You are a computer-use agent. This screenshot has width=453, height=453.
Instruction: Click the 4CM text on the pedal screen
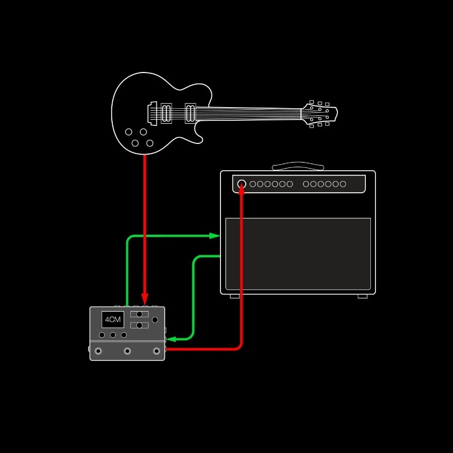click(x=113, y=319)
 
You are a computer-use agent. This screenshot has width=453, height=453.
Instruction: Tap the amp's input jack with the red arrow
click(x=242, y=184)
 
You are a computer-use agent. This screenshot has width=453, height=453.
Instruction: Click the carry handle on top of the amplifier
click(x=298, y=166)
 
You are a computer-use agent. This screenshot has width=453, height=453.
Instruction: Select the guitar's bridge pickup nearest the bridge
click(x=167, y=113)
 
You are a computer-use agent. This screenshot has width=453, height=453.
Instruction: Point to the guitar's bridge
click(x=152, y=113)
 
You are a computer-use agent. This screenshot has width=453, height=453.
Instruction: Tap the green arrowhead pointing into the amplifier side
click(x=215, y=236)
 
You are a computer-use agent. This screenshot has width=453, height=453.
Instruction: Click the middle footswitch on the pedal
click(x=127, y=351)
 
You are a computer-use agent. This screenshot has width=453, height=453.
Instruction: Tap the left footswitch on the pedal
click(x=99, y=351)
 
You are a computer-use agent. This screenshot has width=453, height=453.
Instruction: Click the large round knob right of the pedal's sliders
click(x=155, y=320)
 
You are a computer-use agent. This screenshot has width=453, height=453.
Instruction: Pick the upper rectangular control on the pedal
click(x=139, y=314)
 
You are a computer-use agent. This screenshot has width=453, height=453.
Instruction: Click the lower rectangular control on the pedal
click(x=139, y=325)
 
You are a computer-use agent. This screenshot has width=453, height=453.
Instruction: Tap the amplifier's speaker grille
click(x=298, y=254)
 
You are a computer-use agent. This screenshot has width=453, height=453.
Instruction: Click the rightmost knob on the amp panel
click(x=343, y=184)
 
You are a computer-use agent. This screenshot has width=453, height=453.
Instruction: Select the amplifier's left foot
click(x=235, y=296)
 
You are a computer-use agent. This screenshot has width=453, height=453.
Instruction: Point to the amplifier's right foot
click(x=362, y=296)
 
